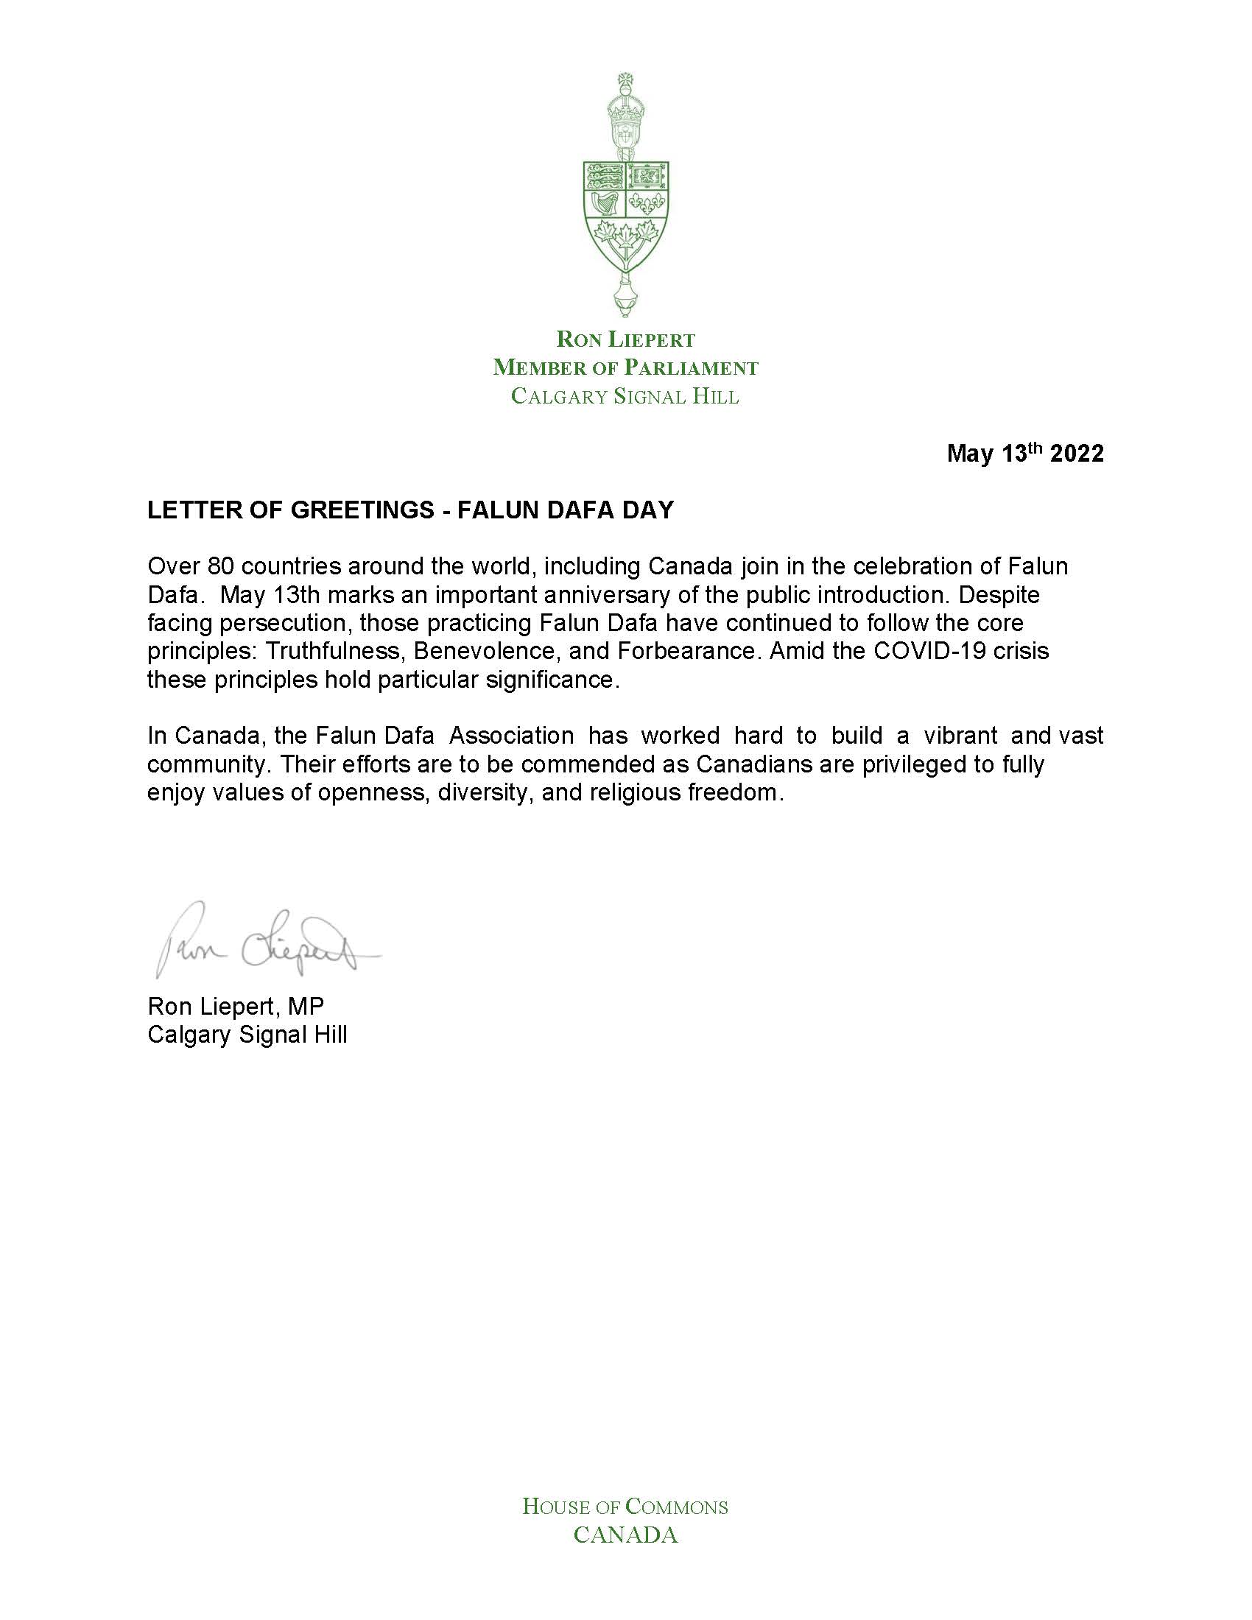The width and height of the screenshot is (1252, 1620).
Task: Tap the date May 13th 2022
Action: point(1024,453)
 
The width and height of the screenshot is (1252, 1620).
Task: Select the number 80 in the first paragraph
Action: point(219,566)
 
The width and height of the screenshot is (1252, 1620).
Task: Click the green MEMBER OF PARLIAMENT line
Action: point(626,367)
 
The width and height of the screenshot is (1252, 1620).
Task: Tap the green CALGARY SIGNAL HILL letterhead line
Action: point(625,396)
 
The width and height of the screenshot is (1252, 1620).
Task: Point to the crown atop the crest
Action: point(625,116)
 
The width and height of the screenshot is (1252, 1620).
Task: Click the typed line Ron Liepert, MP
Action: point(236,1006)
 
